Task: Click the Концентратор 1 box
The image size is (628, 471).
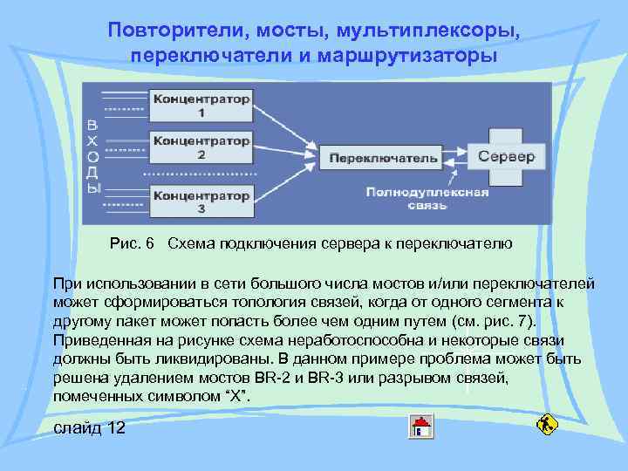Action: pos(201,105)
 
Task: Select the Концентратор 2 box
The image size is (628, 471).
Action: pos(201,147)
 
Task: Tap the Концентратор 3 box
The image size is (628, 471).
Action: pos(201,201)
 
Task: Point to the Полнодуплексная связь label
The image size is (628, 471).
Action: pos(427,199)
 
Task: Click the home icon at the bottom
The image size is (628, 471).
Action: pos(422,427)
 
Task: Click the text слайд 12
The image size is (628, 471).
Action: pos(89,427)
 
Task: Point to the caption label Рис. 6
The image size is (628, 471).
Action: pos(133,242)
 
